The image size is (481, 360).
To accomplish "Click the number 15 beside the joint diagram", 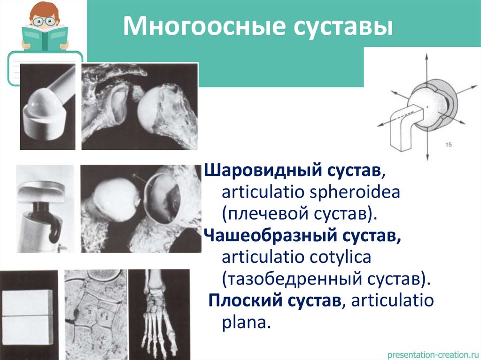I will click(448, 145).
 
